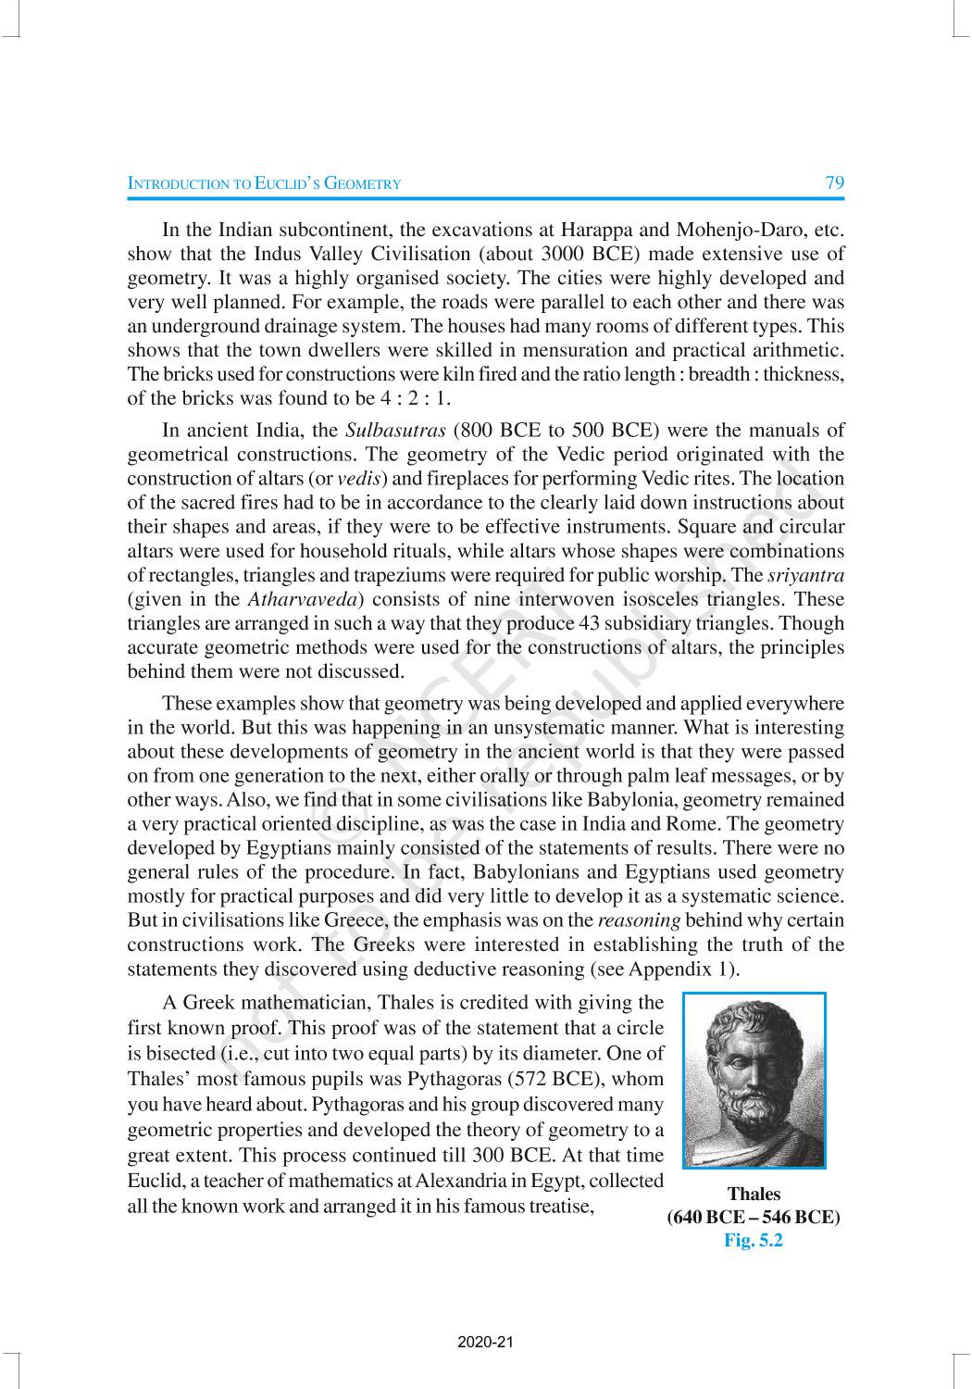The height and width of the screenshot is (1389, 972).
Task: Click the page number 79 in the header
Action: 834,182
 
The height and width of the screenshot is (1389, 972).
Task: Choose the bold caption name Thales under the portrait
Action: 754,1195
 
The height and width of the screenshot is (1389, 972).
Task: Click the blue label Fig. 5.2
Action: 754,1241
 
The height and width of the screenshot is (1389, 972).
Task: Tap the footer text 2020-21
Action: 485,1342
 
